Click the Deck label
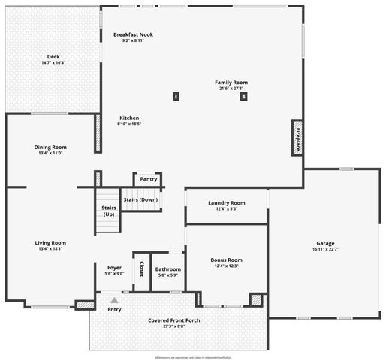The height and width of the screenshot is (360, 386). (53, 57)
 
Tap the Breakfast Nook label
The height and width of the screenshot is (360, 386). (133, 34)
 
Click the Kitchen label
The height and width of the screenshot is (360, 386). (128, 118)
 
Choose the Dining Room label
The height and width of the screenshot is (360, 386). (50, 147)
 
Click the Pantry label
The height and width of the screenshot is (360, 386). (149, 179)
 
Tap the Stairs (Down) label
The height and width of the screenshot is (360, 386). (140, 199)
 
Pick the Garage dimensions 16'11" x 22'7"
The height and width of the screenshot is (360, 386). (324, 250)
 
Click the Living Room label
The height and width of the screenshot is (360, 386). (50, 242)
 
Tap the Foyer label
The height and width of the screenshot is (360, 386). (114, 268)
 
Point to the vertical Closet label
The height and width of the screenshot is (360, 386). (141, 268)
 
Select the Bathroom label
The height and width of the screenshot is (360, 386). (167, 268)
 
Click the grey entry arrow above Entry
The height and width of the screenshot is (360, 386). (114, 300)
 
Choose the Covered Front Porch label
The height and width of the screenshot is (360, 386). (173, 320)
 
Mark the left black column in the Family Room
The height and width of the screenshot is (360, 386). (176, 95)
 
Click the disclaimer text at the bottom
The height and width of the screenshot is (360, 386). (193, 356)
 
